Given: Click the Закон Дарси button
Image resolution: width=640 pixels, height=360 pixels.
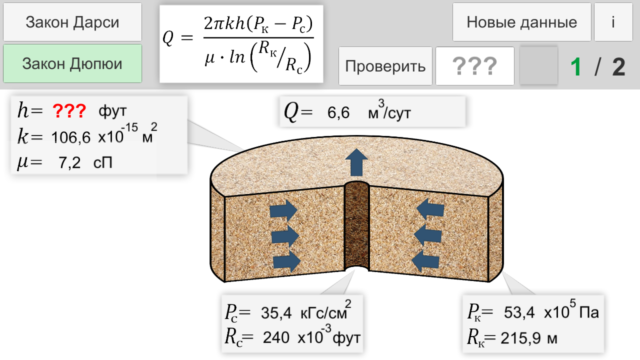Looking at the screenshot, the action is [72, 22].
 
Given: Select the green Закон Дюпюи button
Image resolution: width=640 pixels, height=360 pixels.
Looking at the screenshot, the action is [72, 63].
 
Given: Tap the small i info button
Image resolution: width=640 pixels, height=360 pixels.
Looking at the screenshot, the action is [613, 22].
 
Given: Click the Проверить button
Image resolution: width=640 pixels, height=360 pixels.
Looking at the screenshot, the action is [385, 66].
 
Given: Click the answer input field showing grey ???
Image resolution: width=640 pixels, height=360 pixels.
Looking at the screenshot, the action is [475, 66].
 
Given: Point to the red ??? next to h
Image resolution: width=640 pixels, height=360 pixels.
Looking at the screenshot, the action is [69, 111].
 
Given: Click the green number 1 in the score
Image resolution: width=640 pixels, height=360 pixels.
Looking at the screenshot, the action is [576, 67].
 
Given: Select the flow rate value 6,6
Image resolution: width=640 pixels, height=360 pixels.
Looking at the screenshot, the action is [338, 112].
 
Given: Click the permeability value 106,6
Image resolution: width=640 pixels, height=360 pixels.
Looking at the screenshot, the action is [71, 137].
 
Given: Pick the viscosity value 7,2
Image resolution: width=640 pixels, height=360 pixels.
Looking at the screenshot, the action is [69, 162].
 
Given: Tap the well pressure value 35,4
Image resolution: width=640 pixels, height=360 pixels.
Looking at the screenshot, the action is [276, 312].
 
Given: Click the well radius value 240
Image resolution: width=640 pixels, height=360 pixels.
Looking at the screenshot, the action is [276, 337].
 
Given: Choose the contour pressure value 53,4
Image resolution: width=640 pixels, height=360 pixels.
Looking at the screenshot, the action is [519, 312].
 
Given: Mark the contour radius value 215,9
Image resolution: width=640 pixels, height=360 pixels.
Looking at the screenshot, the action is [520, 338].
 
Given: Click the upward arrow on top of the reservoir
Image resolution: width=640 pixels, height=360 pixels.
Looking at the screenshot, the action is [356, 162].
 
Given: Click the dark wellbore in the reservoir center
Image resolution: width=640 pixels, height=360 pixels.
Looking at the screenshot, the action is [356, 225].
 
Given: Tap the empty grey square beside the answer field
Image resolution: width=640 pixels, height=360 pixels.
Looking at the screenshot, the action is [538, 65].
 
